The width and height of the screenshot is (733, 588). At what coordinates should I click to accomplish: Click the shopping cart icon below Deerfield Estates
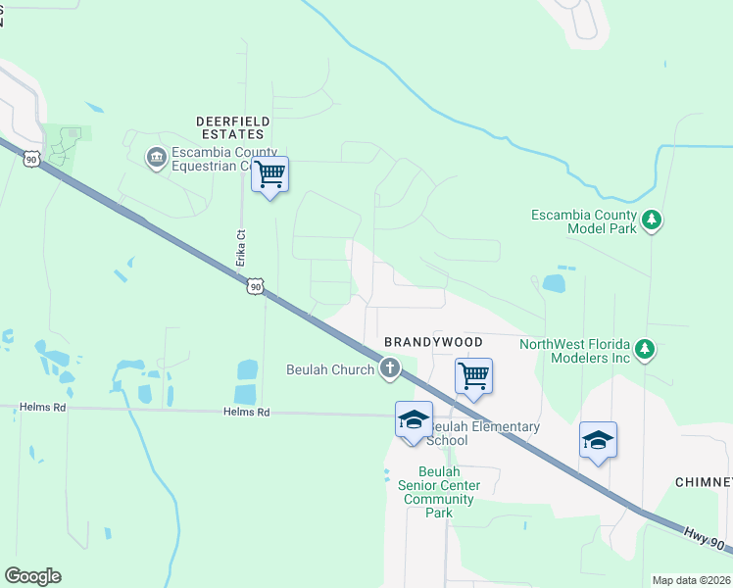269,174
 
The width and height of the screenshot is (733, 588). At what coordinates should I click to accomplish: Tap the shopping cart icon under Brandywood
473,375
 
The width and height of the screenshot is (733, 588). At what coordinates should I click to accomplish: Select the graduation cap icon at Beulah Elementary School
414,419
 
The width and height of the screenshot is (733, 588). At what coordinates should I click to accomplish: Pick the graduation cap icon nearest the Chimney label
598,439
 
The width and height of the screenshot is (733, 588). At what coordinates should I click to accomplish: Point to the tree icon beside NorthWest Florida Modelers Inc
644,349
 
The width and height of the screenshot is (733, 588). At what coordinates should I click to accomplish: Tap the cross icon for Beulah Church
390,369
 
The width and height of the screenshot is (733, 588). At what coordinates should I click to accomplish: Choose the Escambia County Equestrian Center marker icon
156,158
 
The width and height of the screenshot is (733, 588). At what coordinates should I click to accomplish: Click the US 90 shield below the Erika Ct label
255,286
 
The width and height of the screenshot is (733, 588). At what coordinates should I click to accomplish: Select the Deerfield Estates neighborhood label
233,127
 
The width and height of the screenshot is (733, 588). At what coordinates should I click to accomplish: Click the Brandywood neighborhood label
433,342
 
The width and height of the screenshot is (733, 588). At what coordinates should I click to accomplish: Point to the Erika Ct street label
239,249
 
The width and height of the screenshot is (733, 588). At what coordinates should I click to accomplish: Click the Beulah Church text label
330,369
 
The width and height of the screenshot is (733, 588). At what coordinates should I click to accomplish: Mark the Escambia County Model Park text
583,221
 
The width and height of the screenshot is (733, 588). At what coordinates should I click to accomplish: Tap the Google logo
32,576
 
